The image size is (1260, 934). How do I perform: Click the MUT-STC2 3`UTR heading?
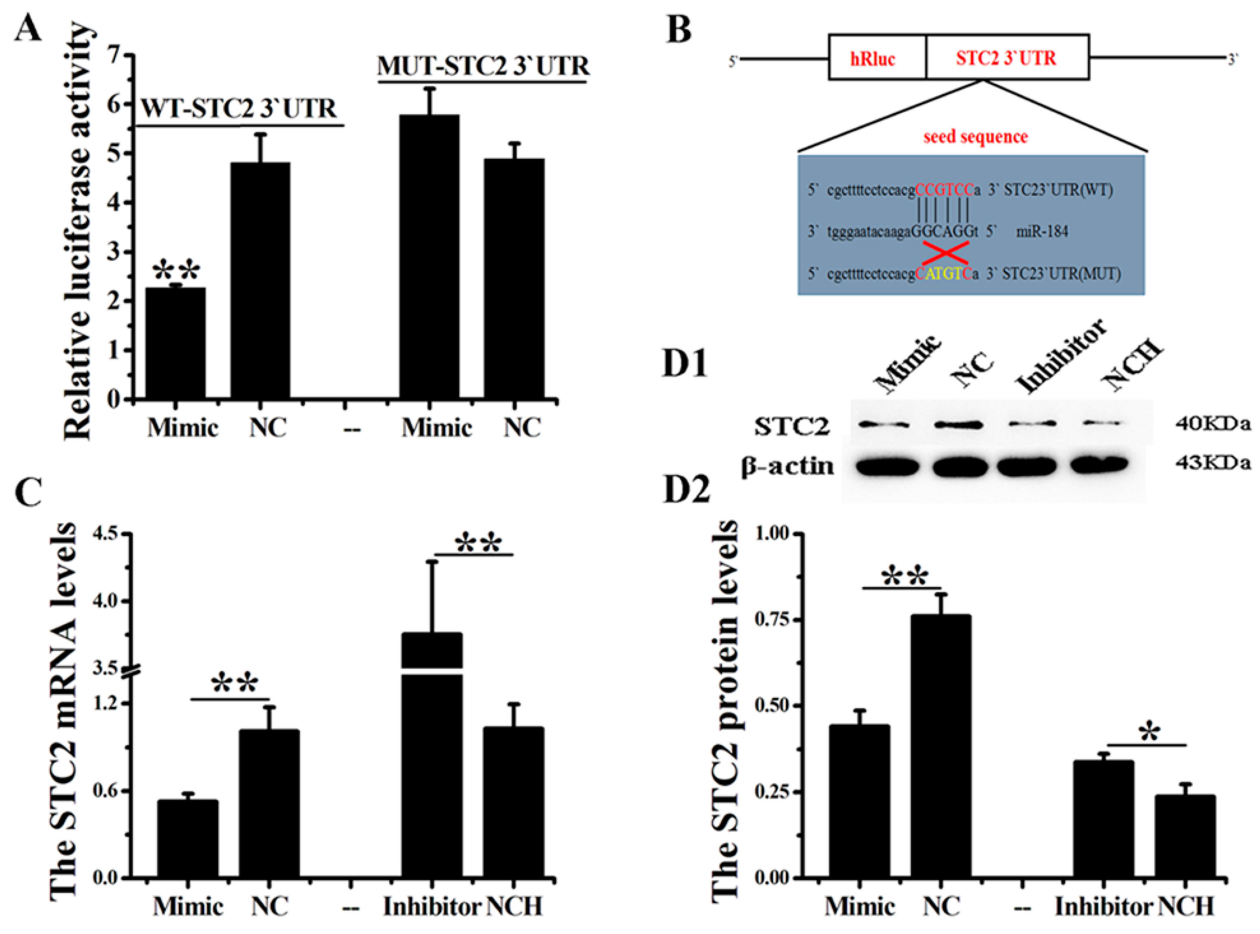pyautogui.click(x=483, y=66)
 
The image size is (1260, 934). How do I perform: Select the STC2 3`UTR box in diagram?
pyautogui.click(x=1006, y=58)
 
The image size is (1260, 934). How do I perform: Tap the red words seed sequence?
pyautogui.click(x=975, y=137)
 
